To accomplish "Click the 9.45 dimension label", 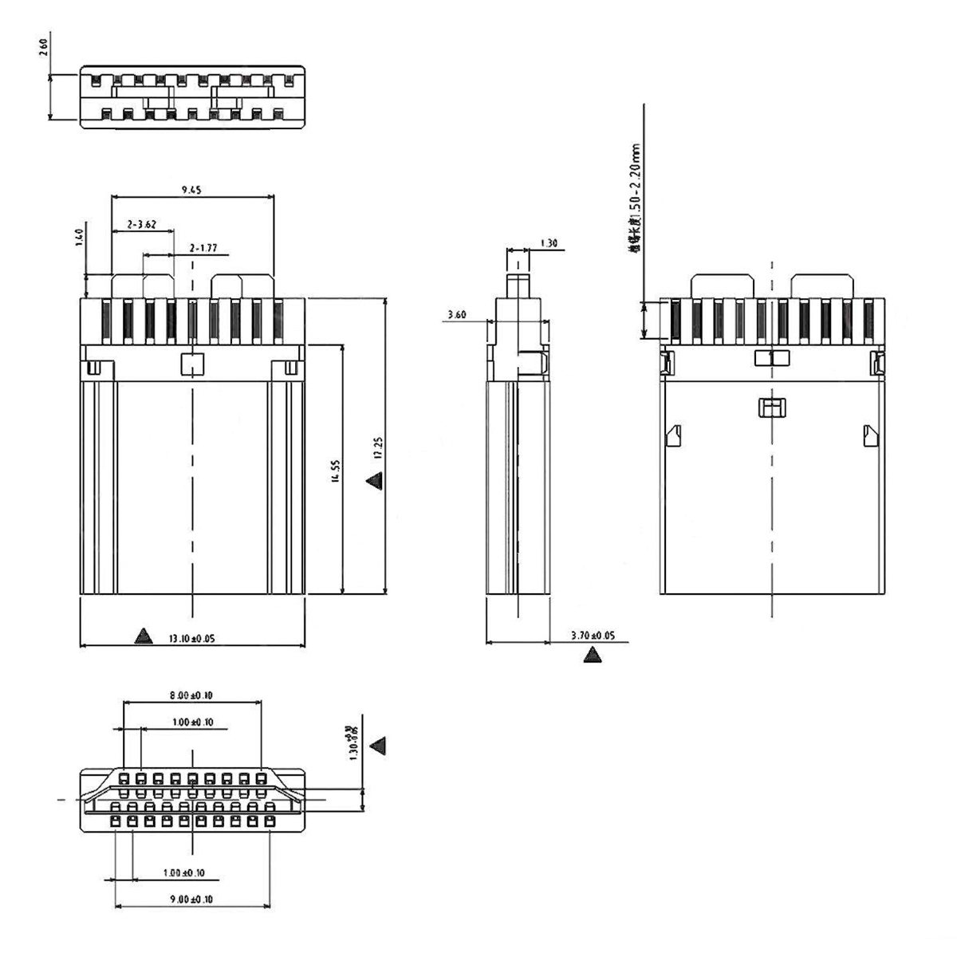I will point(191,190).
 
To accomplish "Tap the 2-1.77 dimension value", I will point(204,249).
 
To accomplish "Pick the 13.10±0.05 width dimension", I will point(191,638).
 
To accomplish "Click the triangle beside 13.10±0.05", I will point(143,636).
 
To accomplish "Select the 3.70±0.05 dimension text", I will point(593,636).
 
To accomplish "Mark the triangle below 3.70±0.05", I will point(592,656).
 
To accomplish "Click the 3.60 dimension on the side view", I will point(457,315).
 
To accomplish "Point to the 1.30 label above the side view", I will point(549,243).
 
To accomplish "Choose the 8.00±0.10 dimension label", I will point(191,695).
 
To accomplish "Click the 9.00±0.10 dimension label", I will point(191,900).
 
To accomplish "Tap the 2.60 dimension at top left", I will point(44,49).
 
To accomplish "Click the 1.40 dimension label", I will point(79,237).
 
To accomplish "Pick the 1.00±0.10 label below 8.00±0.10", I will point(192,723).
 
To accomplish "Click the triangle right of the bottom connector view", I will point(380,746).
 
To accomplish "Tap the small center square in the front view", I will point(192,364).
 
